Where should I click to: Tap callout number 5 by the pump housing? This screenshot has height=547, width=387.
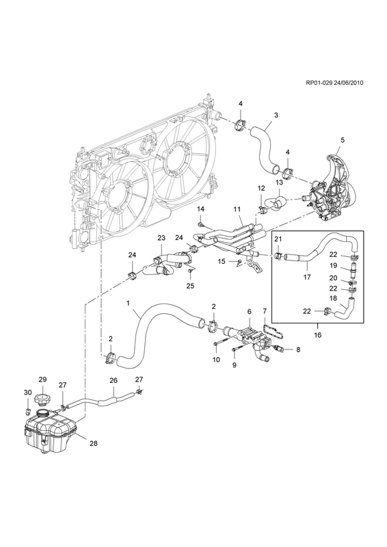click(343, 140)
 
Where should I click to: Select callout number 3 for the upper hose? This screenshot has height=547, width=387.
click(276, 115)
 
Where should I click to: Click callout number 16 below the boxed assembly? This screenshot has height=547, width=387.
click(318, 335)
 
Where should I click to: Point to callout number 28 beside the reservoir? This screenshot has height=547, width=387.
click(93, 443)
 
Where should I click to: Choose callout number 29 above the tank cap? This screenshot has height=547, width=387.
click(42, 379)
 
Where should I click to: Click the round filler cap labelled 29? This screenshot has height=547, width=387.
click(42, 399)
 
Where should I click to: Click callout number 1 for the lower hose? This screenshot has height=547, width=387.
click(128, 303)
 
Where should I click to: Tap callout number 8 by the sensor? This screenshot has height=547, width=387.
click(298, 349)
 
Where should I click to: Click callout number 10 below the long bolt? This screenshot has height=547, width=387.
click(216, 360)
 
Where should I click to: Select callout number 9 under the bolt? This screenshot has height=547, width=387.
click(234, 365)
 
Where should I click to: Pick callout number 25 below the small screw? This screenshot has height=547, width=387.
click(190, 286)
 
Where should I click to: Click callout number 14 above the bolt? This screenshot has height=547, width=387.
click(200, 209)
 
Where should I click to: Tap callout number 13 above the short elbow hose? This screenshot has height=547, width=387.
click(279, 182)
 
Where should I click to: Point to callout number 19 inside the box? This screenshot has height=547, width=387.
click(333, 265)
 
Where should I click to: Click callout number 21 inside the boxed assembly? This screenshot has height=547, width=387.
click(278, 239)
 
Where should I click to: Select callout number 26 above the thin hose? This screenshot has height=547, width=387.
click(114, 380)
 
